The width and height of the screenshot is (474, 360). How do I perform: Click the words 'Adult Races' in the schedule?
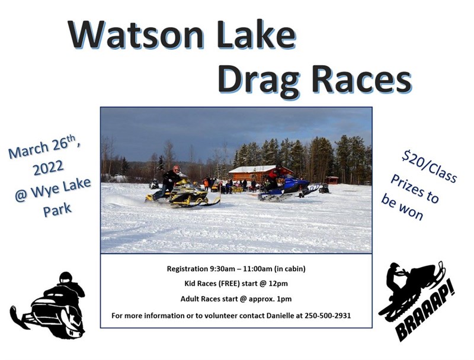(x=201, y=299)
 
